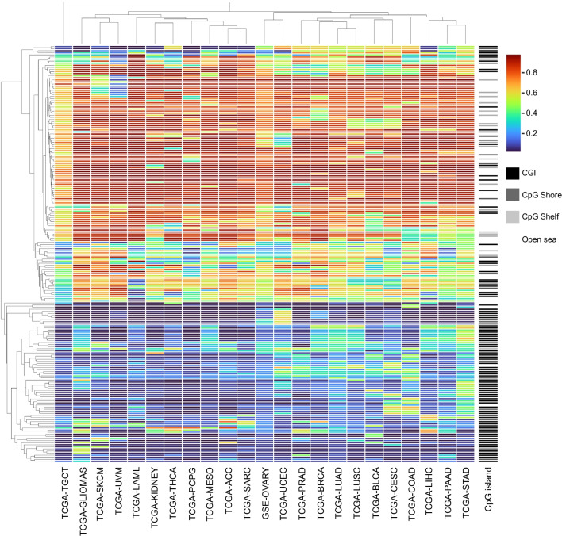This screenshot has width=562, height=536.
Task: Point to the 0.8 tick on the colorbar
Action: [536, 72]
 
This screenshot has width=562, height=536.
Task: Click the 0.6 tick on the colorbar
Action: [536, 92]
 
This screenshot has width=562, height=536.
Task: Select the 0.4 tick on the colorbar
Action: [536, 113]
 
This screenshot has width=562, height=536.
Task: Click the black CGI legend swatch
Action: [514, 172]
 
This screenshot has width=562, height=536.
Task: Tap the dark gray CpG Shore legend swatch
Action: [514, 194]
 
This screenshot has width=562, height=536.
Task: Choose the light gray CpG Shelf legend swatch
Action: [514, 216]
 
